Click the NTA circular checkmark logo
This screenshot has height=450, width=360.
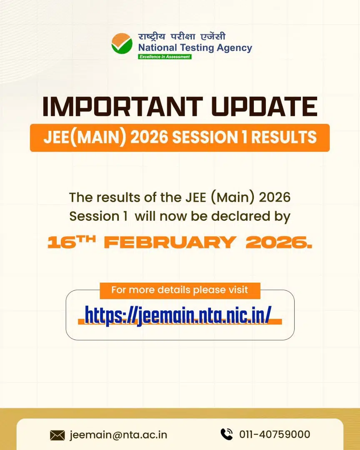(122, 43)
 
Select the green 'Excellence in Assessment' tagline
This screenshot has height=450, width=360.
(165, 57)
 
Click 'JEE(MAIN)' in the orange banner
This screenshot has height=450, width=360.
(77, 137)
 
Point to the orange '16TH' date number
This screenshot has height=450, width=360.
(72, 242)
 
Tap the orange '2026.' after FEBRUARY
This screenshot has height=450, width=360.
(278, 242)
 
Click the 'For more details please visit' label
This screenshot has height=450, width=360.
(180, 290)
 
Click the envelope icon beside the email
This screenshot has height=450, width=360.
(57, 435)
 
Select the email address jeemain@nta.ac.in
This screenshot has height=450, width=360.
(119, 435)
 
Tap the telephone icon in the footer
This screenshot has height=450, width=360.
(226, 434)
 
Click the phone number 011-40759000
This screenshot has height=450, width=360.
(275, 435)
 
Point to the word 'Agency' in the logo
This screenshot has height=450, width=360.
(234, 47)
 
